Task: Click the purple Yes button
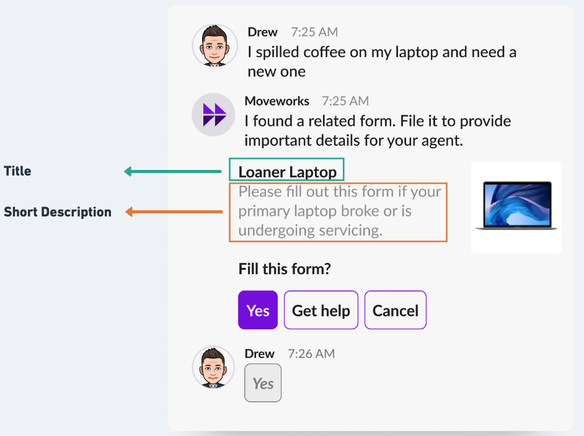coord(258,310)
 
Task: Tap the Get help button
coord(321,310)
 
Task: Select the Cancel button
coord(396,310)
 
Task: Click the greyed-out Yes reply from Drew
coord(263,383)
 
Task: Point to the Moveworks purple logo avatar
coord(213,114)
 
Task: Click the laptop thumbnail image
coord(516,207)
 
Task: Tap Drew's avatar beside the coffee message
coord(215,46)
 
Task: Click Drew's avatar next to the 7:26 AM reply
coord(213,367)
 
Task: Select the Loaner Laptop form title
coord(287,172)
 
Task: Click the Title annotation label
coord(17,171)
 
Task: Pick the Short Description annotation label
coord(58,211)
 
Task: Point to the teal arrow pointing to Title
coord(173,171)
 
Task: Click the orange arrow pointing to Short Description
coord(174,211)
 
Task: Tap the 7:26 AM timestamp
coord(311,354)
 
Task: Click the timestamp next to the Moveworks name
coord(345,101)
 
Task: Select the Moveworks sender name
coord(277,101)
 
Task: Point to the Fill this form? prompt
coord(285,269)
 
